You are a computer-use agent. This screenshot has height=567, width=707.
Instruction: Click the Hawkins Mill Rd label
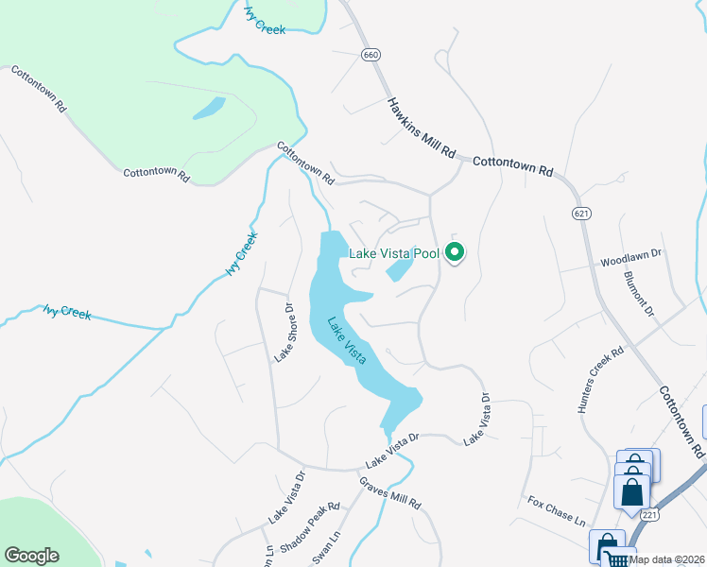point(422,128)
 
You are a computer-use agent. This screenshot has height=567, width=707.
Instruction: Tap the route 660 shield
point(371,57)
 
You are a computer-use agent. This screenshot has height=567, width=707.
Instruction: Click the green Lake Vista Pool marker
point(455,252)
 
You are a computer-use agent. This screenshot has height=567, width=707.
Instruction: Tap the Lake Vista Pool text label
point(394,253)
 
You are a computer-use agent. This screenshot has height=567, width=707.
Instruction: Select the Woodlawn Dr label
point(632,255)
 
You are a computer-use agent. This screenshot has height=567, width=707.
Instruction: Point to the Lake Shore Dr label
point(284,332)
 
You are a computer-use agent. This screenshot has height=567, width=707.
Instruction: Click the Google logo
point(31,556)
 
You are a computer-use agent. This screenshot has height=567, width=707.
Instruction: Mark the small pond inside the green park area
point(209,109)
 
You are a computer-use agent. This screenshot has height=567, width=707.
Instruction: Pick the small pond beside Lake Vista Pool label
point(399,271)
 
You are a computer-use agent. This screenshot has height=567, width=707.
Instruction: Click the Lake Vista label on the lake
point(346,340)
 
